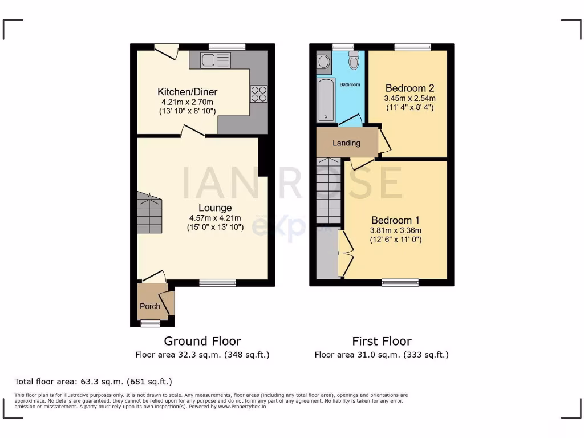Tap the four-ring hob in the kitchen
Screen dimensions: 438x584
[x=258, y=94]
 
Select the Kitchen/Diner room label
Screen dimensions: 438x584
[x=187, y=92]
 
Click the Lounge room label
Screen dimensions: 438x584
[x=215, y=208]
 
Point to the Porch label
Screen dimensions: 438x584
[x=150, y=306]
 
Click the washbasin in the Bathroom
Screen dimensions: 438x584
[x=323, y=62]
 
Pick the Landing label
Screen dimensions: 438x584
[x=346, y=143]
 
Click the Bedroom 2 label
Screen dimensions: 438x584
[x=409, y=88]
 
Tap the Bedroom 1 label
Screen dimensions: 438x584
[x=395, y=220]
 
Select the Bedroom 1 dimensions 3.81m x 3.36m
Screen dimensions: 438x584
[x=396, y=230]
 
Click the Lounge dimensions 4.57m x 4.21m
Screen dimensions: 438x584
[x=215, y=217]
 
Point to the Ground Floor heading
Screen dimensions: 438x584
[x=202, y=341]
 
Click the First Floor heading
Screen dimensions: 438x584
[x=382, y=341]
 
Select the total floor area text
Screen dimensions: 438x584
[x=93, y=381]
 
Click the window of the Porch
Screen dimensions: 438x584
[x=150, y=323]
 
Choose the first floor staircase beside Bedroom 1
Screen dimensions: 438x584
[x=328, y=191]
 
